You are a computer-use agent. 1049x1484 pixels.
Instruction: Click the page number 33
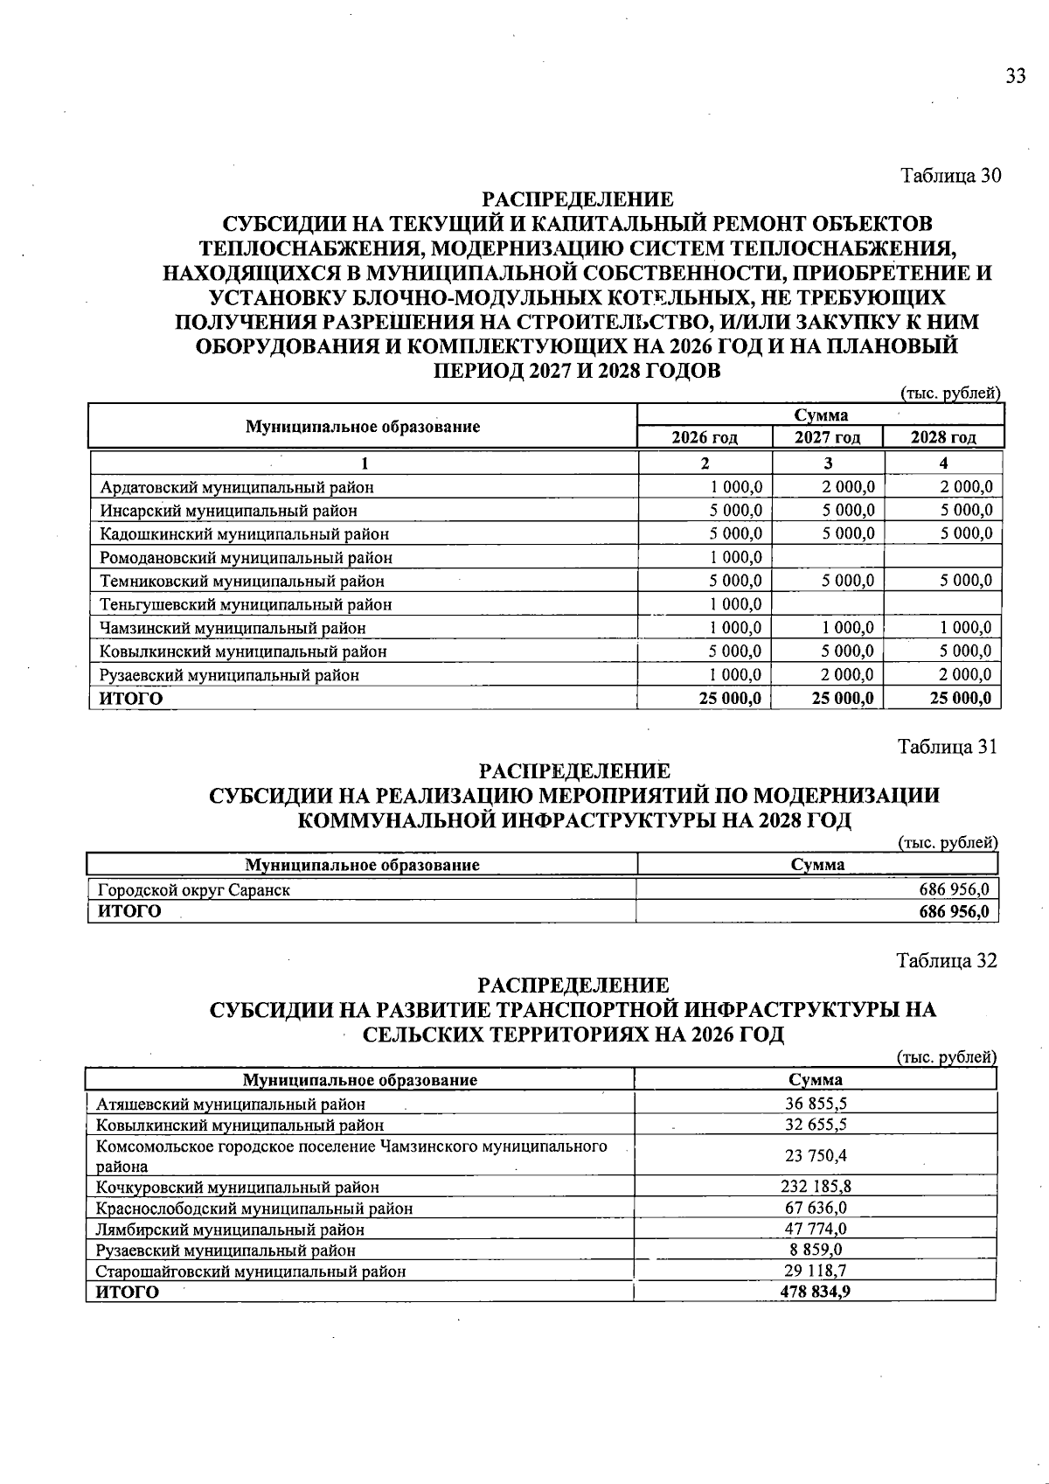[1015, 76]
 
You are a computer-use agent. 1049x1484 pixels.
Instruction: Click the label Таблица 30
[950, 176]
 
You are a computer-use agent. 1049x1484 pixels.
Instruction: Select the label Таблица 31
[948, 747]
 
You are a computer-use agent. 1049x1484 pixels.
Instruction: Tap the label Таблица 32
[947, 961]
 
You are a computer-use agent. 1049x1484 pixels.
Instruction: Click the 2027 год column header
[827, 437]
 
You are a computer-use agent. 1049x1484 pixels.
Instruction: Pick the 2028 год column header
[943, 437]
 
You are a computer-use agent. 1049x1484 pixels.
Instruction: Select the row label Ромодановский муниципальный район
[246, 558]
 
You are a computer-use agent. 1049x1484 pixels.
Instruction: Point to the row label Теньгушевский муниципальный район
[246, 605]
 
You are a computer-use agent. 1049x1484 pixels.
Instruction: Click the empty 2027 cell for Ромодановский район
[828, 558]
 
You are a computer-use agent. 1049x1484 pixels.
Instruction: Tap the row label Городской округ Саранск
[193, 890]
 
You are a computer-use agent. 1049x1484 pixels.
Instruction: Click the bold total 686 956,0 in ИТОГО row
[954, 911]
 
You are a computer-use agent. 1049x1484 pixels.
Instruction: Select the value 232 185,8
[815, 1187]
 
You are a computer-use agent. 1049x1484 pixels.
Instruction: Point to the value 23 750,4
[815, 1156]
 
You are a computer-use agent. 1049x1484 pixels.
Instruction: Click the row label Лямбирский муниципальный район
[230, 1230]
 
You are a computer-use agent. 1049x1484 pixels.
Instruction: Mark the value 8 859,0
[815, 1250]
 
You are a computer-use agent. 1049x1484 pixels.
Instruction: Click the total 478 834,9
[815, 1292]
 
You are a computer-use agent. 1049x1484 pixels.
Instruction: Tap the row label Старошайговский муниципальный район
[251, 1272]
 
